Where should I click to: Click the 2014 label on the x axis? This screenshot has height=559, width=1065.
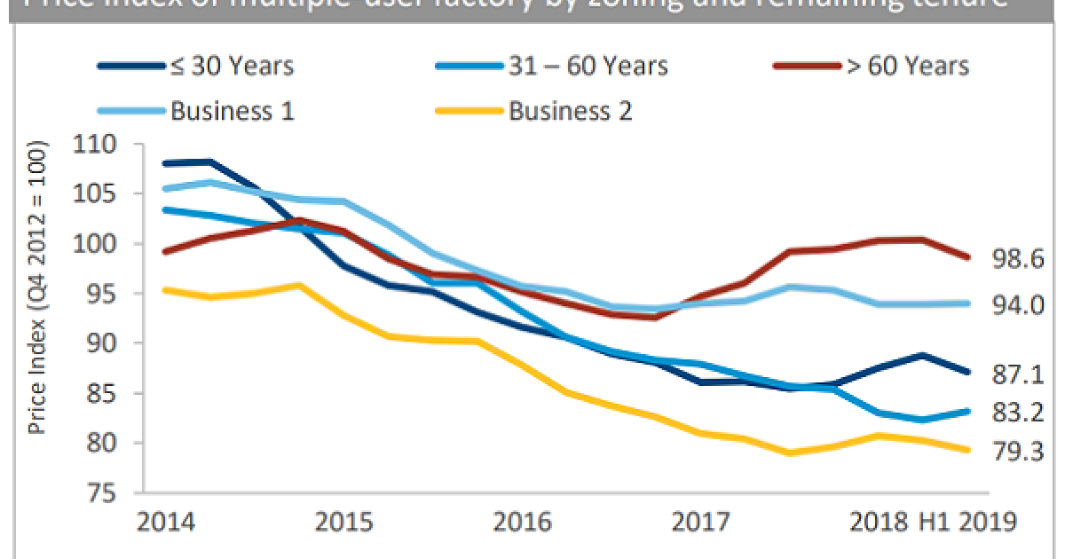(x=165, y=521)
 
